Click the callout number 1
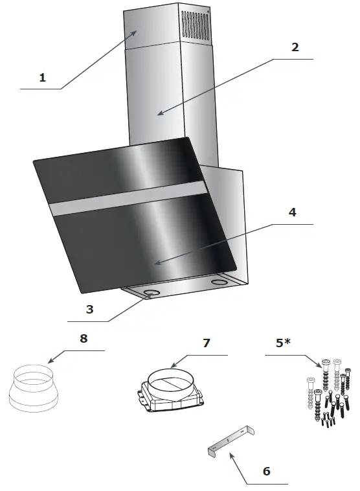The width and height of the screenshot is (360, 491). pos(43,78)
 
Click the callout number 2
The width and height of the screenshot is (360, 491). pos(295,47)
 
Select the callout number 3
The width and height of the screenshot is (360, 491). pos(90,309)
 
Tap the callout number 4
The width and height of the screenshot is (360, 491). pos(292,213)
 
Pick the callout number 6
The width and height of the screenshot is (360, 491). pos(266,471)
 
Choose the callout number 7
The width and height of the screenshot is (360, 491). pos(207,343)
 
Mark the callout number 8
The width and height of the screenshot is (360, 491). pos(83,338)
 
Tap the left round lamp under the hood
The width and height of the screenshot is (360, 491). pos(153,293)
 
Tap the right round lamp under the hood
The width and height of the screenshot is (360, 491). pos(220,282)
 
